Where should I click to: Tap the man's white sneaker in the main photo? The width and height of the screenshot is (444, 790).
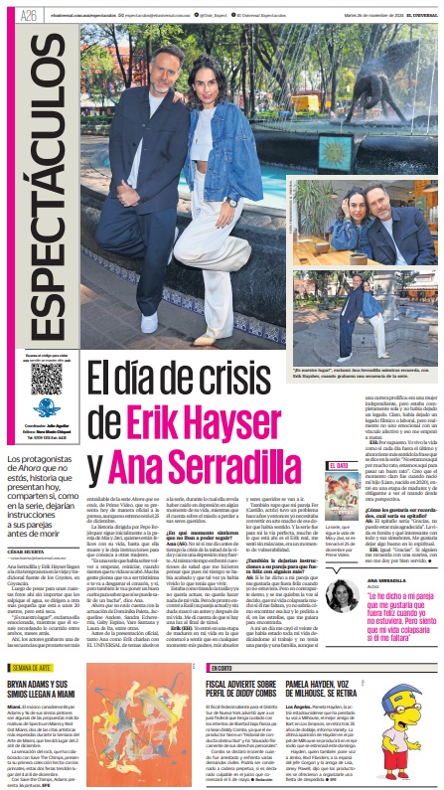click(x=150, y=323)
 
